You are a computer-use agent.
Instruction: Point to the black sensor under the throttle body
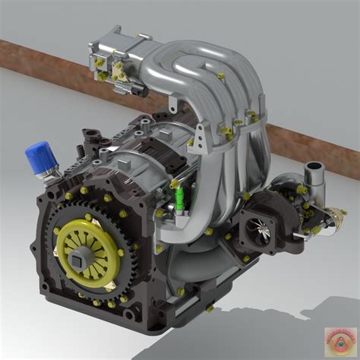point(136,89)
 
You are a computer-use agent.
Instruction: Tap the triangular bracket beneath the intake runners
point(200,137)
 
